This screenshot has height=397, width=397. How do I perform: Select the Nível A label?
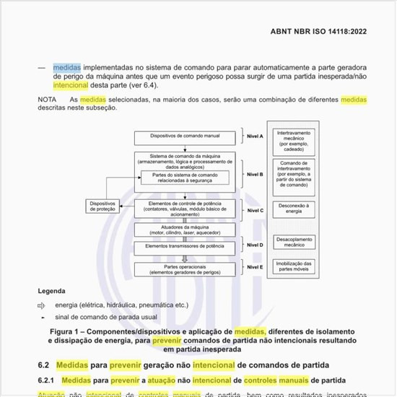(256, 136)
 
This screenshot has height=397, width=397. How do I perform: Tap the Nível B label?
(256, 174)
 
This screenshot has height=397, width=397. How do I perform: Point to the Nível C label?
(256, 211)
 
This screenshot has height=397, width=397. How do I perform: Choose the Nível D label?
(256, 245)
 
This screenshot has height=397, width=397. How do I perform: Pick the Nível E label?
(256, 266)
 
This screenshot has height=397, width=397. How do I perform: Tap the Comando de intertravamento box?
(294, 175)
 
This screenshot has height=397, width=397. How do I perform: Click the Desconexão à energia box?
(294, 209)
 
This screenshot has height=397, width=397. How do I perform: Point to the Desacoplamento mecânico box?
(294, 242)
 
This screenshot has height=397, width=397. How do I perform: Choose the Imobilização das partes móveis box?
(294, 268)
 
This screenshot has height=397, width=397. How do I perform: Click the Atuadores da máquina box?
(186, 230)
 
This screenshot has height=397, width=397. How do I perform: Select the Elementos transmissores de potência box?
(186, 246)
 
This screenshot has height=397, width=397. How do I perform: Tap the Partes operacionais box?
(186, 269)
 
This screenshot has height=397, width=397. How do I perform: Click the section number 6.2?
(45, 365)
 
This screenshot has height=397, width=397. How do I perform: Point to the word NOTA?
(48, 99)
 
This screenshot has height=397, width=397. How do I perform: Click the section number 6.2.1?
(48, 380)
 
